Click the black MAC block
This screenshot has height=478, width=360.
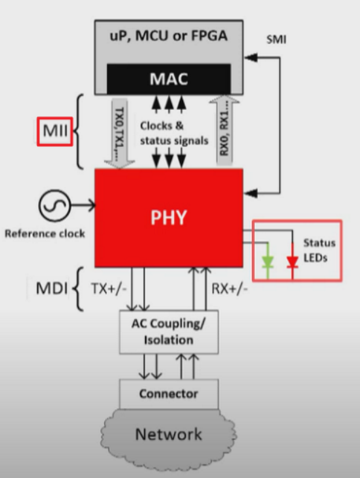pos(169,79)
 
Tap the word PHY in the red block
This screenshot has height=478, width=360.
pos(168,217)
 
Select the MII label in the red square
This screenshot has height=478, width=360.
pos(55,132)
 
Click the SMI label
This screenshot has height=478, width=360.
pos(277,39)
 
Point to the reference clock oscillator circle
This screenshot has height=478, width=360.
pos(54,205)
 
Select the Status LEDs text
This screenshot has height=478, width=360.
pos(319,251)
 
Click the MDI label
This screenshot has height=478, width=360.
pos(51,288)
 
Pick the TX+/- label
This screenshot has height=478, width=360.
pos(109,288)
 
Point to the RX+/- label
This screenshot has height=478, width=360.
pos(229,288)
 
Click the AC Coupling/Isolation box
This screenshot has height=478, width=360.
pos(169,332)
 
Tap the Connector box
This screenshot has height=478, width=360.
pos(169,394)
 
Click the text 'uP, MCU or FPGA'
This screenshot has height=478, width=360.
pos(169,36)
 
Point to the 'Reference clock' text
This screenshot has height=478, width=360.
pos(45,234)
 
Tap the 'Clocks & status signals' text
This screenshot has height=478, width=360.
pos(174,133)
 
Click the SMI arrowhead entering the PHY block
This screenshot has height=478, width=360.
pos(251,193)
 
